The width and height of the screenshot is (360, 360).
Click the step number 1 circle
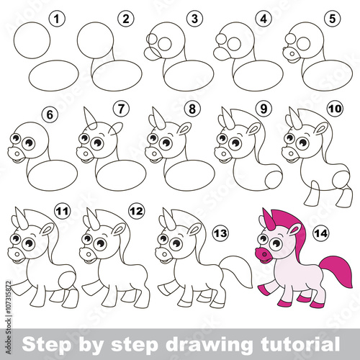[56, 19]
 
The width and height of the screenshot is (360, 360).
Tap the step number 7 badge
[121, 109]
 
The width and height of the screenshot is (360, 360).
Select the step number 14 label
[321, 233]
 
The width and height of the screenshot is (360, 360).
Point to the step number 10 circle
[335, 109]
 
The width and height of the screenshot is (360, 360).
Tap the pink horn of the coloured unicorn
[268, 217]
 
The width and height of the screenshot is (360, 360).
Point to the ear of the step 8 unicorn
[185, 128]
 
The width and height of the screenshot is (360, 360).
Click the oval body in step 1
[53, 76]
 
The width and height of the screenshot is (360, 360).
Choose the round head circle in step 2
[95, 40]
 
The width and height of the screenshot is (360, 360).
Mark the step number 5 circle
[333, 19]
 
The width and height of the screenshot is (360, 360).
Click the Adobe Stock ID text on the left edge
[9, 318]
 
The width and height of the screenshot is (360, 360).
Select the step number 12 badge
[136, 211]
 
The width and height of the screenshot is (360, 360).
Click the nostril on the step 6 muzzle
[17, 153]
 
